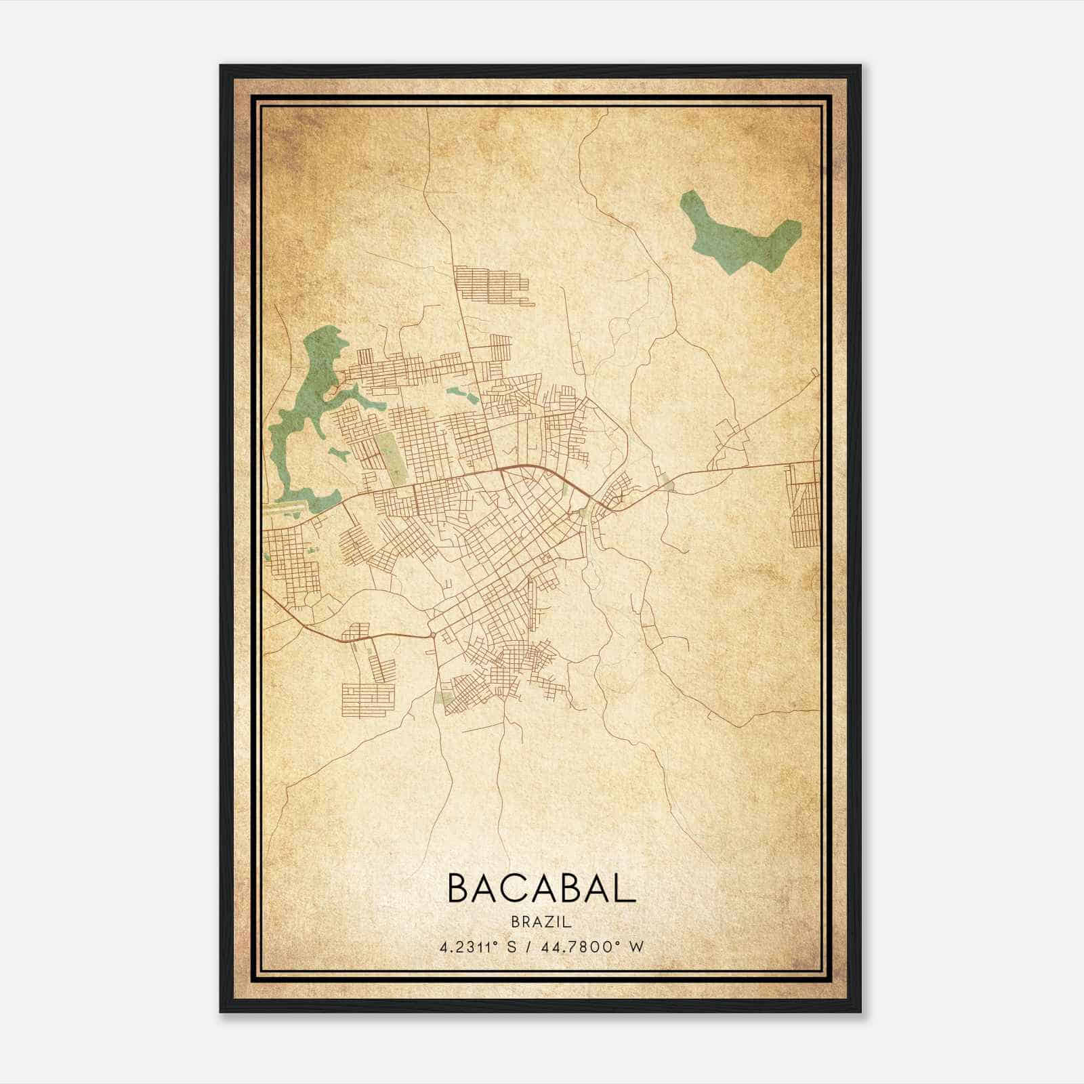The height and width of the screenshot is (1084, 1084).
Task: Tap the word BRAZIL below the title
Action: tap(542, 921)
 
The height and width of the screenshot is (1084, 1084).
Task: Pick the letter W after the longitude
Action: tap(636, 946)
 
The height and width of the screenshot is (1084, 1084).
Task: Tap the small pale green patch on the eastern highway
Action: tap(669, 485)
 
